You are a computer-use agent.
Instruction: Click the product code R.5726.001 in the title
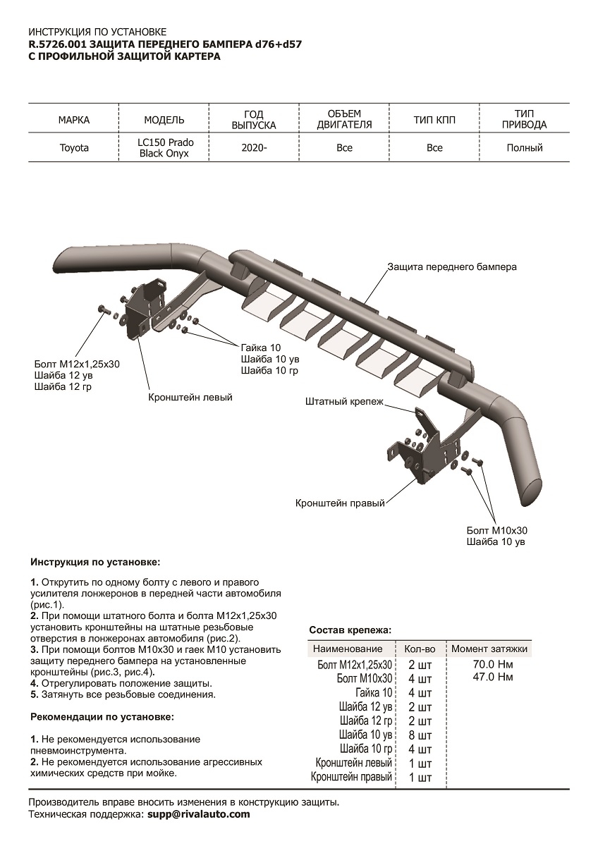click(x=57, y=44)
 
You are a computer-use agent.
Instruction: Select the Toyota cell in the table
click(x=74, y=148)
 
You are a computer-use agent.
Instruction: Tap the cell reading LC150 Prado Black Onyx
click(x=165, y=148)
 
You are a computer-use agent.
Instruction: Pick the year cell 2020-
click(x=254, y=148)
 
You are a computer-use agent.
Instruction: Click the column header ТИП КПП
click(x=434, y=120)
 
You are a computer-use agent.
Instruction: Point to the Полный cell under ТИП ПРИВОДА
click(x=524, y=148)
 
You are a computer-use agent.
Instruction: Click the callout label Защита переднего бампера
click(x=452, y=267)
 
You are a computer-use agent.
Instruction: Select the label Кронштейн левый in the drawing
click(x=190, y=398)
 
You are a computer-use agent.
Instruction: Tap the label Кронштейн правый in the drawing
click(x=340, y=504)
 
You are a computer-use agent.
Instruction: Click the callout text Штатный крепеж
click(x=344, y=402)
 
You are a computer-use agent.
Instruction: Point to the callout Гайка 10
click(x=261, y=348)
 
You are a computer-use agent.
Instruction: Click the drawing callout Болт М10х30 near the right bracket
click(x=496, y=530)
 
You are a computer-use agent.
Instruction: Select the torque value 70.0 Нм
click(x=492, y=664)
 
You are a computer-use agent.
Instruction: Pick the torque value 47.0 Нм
click(x=492, y=678)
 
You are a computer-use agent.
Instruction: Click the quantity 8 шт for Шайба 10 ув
click(x=420, y=735)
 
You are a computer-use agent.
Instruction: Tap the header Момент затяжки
click(x=489, y=649)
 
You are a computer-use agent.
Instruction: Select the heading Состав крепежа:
click(x=350, y=630)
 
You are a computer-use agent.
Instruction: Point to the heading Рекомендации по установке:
click(x=102, y=717)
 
